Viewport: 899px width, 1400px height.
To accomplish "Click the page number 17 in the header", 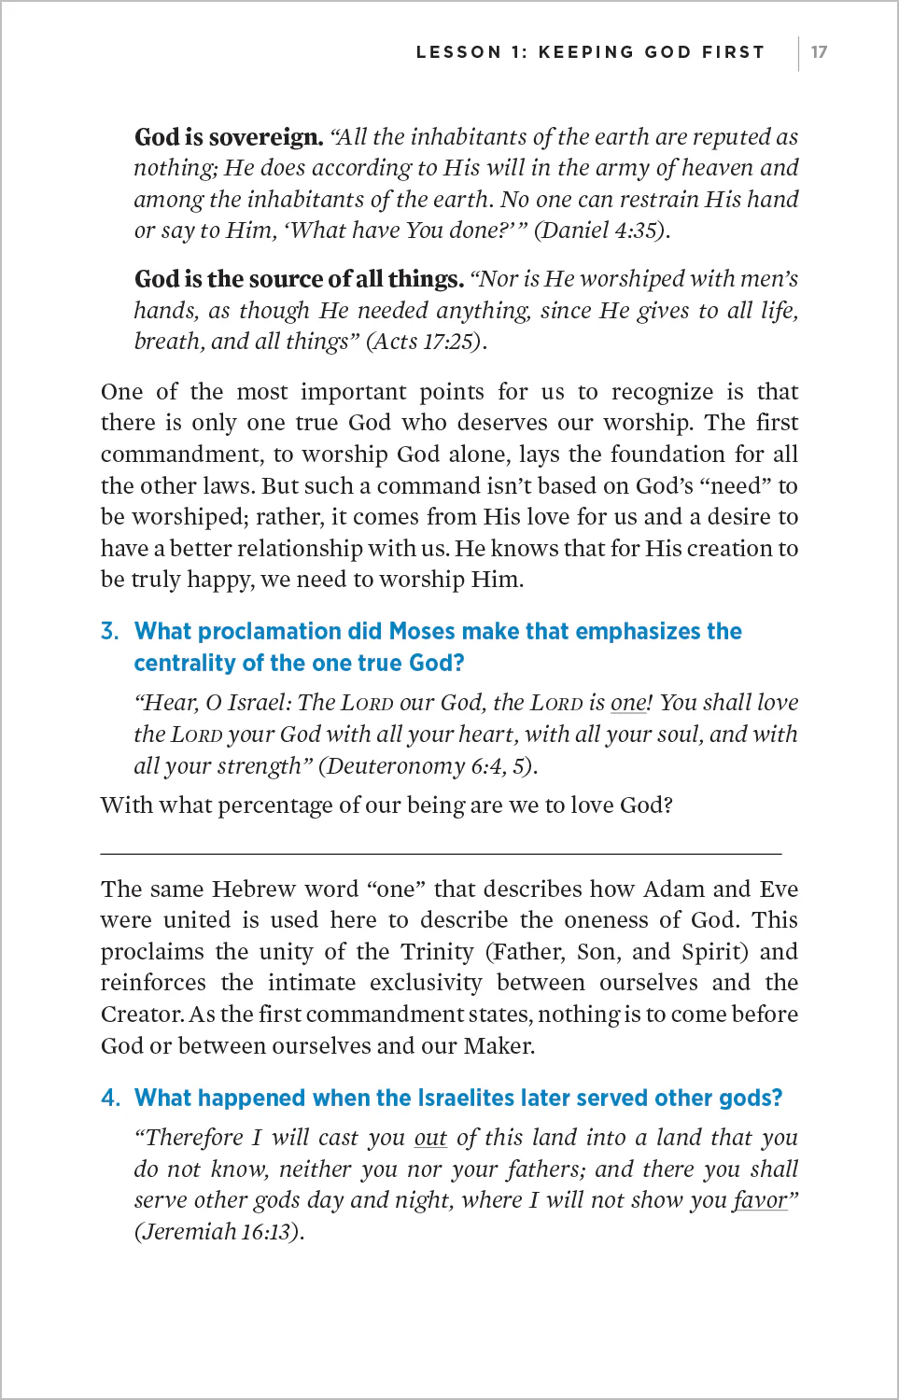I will [x=819, y=52].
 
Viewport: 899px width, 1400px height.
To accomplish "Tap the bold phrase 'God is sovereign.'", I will [x=229, y=137].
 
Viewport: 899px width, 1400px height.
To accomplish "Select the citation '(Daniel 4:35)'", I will [x=601, y=231].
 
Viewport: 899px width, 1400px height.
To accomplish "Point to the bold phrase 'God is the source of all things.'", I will [x=299, y=279].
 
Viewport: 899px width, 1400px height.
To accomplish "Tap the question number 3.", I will [x=110, y=632].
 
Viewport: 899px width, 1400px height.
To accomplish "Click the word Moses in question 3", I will [x=421, y=632].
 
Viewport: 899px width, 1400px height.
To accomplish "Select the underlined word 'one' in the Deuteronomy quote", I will [x=628, y=703].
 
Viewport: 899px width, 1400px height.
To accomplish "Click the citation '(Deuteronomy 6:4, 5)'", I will [x=428, y=766].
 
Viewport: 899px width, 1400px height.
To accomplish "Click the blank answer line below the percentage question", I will [x=441, y=852].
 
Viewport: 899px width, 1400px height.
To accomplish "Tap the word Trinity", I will [x=437, y=952].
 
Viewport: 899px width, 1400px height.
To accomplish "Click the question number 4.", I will [x=110, y=1099].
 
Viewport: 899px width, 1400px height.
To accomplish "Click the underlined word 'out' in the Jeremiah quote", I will [x=430, y=1138].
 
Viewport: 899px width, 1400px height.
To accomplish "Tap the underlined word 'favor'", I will [x=759, y=1200].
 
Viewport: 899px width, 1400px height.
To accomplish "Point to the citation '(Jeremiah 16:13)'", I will [x=218, y=1232].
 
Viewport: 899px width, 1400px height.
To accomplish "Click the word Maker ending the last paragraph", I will [x=498, y=1046].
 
